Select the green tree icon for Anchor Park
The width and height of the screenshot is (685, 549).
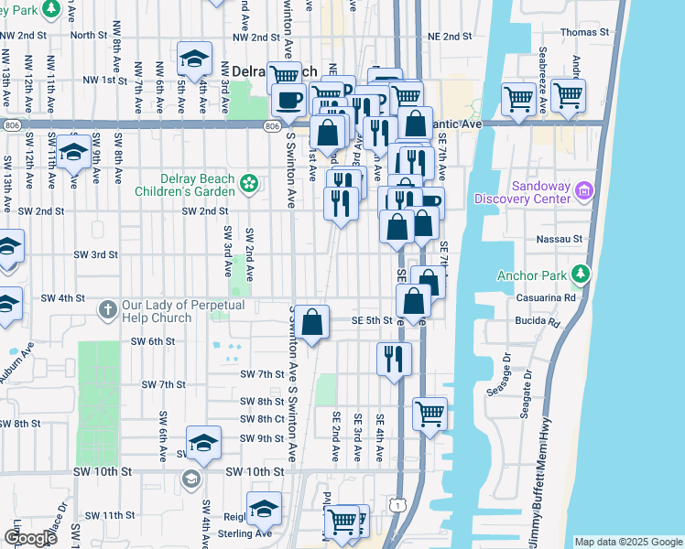[x=580, y=274]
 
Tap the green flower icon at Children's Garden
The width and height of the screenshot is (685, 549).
[x=247, y=185]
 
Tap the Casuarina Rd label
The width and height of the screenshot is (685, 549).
[x=562, y=297]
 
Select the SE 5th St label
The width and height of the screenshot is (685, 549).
[x=373, y=321]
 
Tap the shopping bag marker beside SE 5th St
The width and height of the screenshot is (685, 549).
[x=312, y=321]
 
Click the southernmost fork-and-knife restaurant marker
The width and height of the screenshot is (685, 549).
[x=394, y=357]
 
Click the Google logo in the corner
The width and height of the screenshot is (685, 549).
[x=30, y=538]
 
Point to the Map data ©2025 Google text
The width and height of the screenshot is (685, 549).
[x=627, y=542]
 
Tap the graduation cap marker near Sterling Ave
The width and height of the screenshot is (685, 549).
[x=264, y=509]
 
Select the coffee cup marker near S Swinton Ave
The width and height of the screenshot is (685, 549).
[x=288, y=98]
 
